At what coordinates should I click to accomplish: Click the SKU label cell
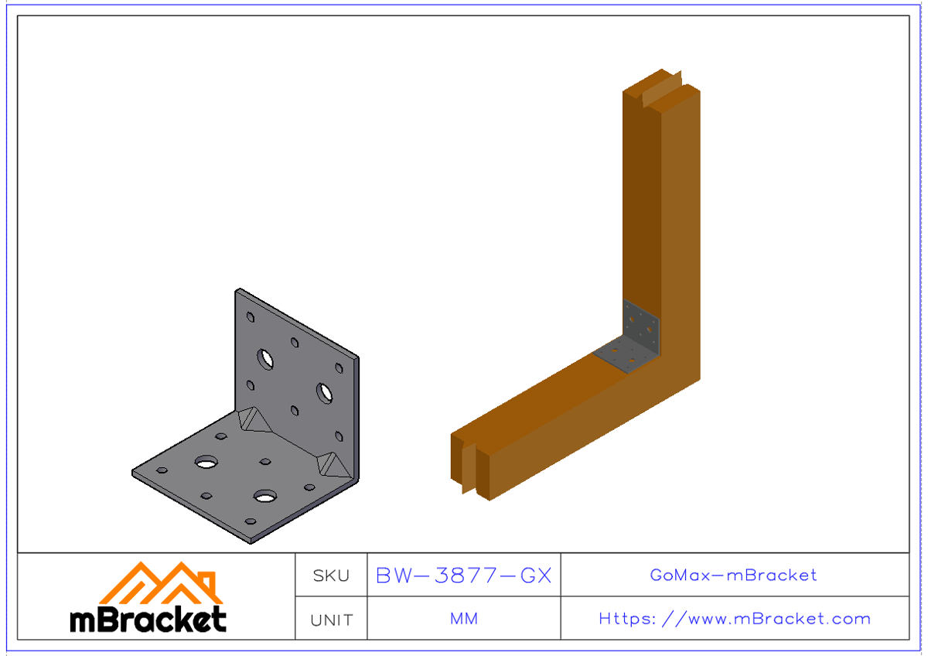coord(331,576)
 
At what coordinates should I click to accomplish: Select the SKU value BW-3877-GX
coord(463,576)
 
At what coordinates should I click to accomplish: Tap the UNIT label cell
coord(331,620)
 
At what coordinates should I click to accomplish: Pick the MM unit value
coord(463,619)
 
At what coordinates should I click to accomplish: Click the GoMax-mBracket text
coord(733,576)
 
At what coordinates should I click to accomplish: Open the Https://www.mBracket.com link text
coord(734,619)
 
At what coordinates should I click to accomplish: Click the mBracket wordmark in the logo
coord(148,620)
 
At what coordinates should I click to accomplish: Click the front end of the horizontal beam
coord(472,464)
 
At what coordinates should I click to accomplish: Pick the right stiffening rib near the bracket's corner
coord(334,463)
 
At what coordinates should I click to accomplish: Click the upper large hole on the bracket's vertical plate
coord(266,359)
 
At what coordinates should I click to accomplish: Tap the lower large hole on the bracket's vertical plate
coord(324,392)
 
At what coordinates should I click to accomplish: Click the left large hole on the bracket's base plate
coord(206,463)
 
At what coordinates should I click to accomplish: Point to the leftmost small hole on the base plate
coord(162,470)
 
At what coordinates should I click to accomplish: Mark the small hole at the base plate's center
coord(265,462)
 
